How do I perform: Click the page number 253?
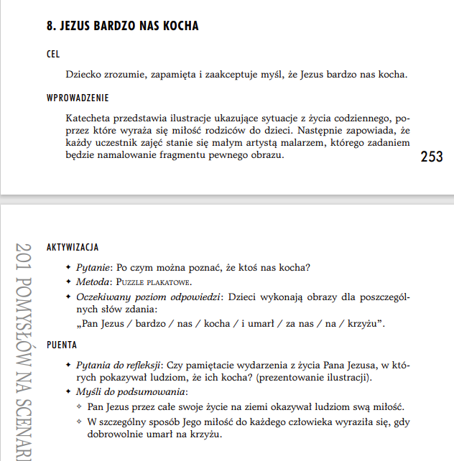pyautogui.click(x=431, y=157)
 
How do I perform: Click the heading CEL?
pyautogui.click(x=52, y=55)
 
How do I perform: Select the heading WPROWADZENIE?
pyautogui.click(x=78, y=98)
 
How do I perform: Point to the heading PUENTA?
pyautogui.click(x=62, y=345)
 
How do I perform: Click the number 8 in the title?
pyautogui.click(x=50, y=26)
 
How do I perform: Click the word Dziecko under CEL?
pyautogui.click(x=84, y=74)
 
